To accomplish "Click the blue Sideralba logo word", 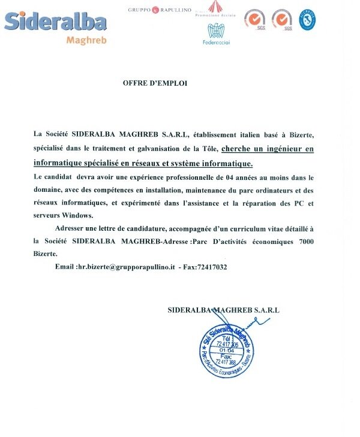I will pyautogui.click(x=55, y=23).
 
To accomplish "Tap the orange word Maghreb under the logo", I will pyautogui.click(x=85, y=41).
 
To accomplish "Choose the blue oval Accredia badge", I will pyautogui.click(x=308, y=19).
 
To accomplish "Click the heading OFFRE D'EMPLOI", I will pyautogui.click(x=155, y=83).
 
